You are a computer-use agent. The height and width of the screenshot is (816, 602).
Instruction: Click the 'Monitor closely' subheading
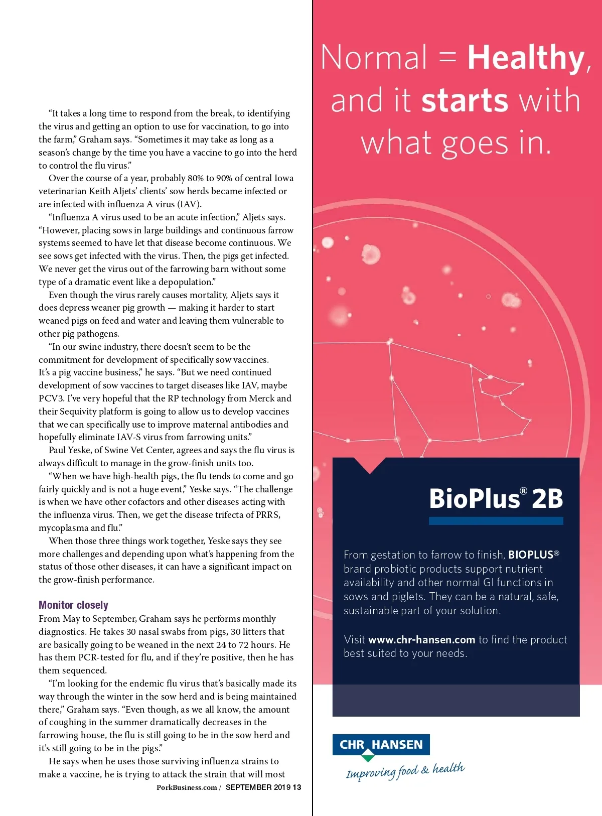pyautogui.click(x=73, y=605)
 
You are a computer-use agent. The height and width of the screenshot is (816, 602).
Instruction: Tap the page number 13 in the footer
pyautogui.click(x=297, y=787)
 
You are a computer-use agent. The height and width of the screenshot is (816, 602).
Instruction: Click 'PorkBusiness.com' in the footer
pyautogui.click(x=187, y=787)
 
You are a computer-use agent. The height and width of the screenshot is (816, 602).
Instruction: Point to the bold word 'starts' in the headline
pyautogui.click(x=465, y=100)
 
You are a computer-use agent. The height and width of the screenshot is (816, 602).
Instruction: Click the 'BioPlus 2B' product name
pyautogui.click(x=496, y=499)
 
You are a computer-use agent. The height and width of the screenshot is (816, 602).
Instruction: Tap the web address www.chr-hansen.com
pyautogui.click(x=421, y=639)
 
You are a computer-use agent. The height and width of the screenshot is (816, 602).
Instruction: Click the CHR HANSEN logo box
pyautogui.click(x=381, y=745)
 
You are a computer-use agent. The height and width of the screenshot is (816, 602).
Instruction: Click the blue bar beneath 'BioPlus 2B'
pyautogui.click(x=496, y=521)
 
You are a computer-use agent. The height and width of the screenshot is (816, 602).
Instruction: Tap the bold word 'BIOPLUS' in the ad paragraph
pyautogui.click(x=531, y=555)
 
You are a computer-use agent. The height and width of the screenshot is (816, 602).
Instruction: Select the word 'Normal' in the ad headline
pyautogui.click(x=374, y=58)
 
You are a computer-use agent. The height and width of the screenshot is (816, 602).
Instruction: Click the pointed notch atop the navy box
pyautogui.click(x=370, y=466)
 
